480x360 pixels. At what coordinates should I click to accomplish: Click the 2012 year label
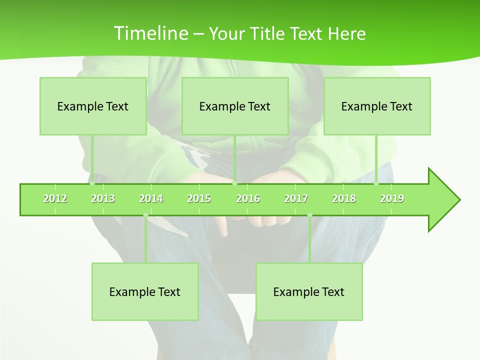pyautogui.click(x=55, y=198)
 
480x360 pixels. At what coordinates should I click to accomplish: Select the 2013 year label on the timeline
pyautogui.click(x=103, y=198)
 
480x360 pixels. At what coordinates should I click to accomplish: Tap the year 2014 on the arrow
pyautogui.click(x=151, y=198)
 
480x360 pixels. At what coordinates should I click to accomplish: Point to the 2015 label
pyautogui.click(x=199, y=198)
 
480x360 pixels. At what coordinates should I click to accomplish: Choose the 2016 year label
pyautogui.click(x=248, y=198)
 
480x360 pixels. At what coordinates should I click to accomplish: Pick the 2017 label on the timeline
pyautogui.click(x=296, y=198)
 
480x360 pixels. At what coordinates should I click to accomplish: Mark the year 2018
pyautogui.click(x=344, y=198)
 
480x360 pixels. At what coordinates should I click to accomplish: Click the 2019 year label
pyautogui.click(x=392, y=198)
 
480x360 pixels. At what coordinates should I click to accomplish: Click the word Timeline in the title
pyautogui.click(x=150, y=33)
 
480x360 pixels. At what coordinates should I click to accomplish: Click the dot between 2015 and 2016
pyautogui.click(x=234, y=183)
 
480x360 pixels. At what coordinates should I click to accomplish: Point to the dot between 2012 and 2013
pyautogui.click(x=92, y=183)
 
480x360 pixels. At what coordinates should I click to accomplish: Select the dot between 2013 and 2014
pyautogui.click(x=145, y=215)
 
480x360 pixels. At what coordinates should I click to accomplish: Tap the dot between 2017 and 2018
pyautogui.click(x=309, y=215)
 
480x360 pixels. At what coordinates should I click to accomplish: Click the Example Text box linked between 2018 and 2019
pyautogui.click(x=377, y=106)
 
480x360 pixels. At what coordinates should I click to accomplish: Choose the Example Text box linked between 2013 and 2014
pyautogui.click(x=145, y=291)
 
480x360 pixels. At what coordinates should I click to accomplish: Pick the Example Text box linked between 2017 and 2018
pyautogui.click(x=309, y=291)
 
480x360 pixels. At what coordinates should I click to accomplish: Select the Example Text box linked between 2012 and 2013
pyautogui.click(x=93, y=106)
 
